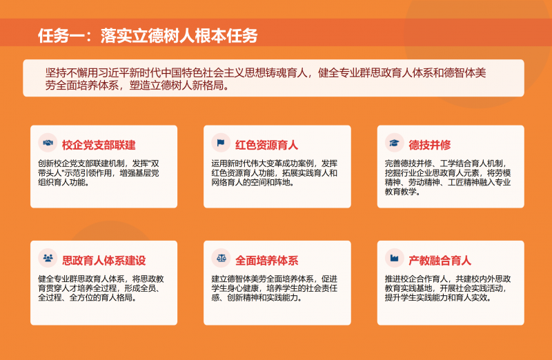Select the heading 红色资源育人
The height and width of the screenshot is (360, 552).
click(x=266, y=145)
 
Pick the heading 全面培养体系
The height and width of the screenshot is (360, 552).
click(x=266, y=260)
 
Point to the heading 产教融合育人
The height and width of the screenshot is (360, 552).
click(x=440, y=260)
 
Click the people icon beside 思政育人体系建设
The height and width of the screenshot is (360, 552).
click(x=48, y=259)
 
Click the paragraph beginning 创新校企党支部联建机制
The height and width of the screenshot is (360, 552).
click(x=99, y=173)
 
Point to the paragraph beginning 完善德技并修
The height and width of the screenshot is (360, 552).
click(x=448, y=178)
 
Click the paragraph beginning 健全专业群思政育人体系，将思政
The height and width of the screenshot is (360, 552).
click(x=100, y=288)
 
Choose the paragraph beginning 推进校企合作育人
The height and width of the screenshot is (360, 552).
click(x=448, y=288)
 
